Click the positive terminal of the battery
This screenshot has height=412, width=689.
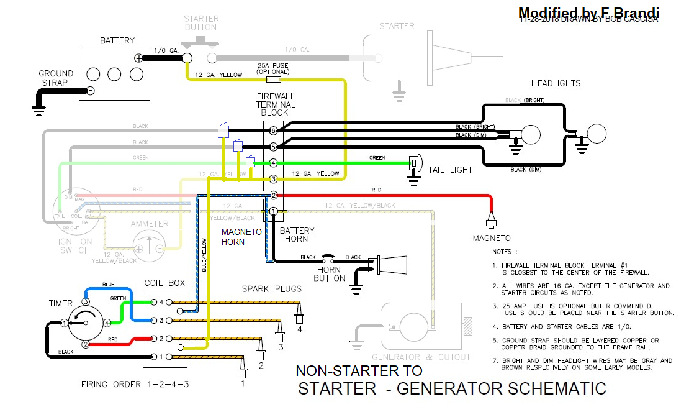[138, 58]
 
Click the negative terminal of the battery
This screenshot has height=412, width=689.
[91, 91]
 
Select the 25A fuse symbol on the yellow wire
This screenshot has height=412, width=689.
[273, 80]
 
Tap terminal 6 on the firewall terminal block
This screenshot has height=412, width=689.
[273, 130]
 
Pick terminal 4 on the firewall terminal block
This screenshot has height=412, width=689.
[273, 163]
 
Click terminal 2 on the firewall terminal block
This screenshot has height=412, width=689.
[273, 195]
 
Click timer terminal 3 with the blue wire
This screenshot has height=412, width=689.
[87, 301]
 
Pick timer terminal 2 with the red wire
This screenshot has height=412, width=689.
[87, 344]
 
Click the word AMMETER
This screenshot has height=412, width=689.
[149, 224]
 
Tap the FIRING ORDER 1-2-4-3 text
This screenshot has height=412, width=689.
[135, 384]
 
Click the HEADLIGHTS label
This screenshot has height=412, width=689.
[556, 83]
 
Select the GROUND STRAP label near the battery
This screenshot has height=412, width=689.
[55, 78]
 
